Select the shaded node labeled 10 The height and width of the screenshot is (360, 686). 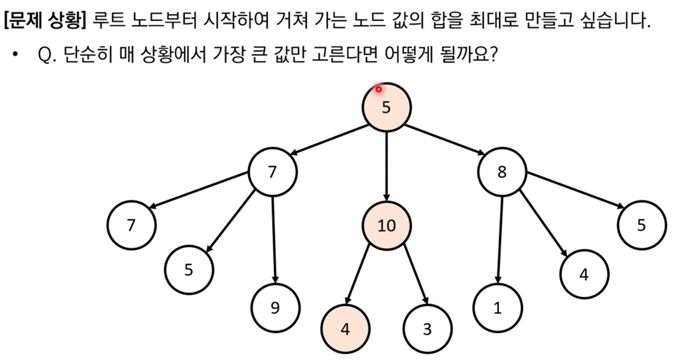tap(386, 225)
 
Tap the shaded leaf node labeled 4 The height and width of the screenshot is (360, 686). tap(345, 329)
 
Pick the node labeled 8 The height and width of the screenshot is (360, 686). tap(502, 172)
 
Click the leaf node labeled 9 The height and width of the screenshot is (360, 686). tap(275, 308)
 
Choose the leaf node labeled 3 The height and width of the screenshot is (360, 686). tap(428, 329)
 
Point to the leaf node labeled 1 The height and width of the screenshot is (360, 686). tap(498, 308)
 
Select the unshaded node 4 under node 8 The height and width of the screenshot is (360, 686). tap(584, 274)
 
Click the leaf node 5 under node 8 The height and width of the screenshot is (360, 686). tap(642, 225)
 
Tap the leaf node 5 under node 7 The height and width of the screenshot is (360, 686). tap(189, 270)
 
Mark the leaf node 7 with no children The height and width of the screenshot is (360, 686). tap(131, 225)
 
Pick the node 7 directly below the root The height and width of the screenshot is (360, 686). tap(273, 172)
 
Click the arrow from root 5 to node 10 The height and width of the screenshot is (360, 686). tap(386, 165)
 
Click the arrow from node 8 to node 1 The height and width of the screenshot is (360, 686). tap(500, 239)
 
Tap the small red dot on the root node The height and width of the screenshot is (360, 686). tap(379, 89)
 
